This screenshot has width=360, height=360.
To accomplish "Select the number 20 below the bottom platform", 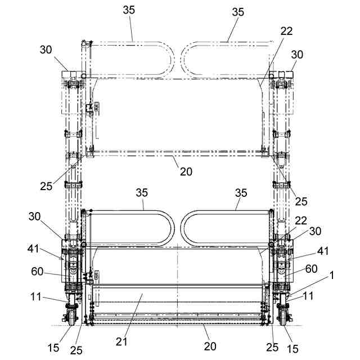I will pyautogui.click(x=209, y=346).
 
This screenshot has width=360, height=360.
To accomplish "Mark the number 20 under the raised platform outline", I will pyautogui.click(x=186, y=172).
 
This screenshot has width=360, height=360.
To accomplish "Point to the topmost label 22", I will pyautogui.click(x=286, y=32).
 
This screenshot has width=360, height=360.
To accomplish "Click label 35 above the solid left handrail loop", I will pyautogui.click(x=141, y=192).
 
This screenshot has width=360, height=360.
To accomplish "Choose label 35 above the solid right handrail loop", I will pyautogui.click(x=241, y=192).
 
